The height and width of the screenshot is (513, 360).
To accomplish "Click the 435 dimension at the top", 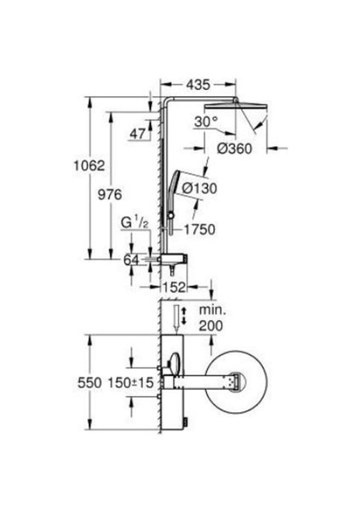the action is pyautogui.click(x=198, y=85).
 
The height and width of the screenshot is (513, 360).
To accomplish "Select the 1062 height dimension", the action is pyautogui.click(x=89, y=166).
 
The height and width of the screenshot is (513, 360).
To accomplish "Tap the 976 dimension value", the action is pyautogui.click(x=110, y=194).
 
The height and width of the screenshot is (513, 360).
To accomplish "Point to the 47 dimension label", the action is pyautogui.click(x=138, y=133).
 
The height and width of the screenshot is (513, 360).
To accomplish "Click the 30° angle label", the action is pyautogui.click(x=206, y=121).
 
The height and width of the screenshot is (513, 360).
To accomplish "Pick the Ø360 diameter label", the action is pyautogui.click(x=235, y=148).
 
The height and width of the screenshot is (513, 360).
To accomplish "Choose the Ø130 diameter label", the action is pyautogui.click(x=199, y=188).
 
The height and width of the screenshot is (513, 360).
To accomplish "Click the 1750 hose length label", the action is pyautogui.click(x=200, y=229).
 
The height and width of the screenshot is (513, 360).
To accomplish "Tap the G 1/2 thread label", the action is pyautogui.click(x=135, y=222).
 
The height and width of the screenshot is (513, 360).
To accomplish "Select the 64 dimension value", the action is pyautogui.click(x=131, y=260).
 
